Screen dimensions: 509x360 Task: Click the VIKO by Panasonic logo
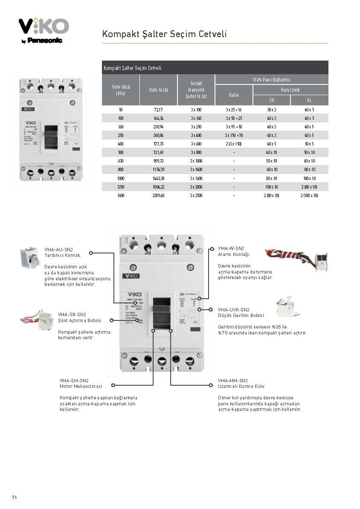[x=44, y=30]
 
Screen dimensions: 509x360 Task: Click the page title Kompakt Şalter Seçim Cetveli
[x=164, y=34]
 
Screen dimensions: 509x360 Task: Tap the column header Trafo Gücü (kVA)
[x=121, y=90]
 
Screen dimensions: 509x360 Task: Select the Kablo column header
[x=234, y=95]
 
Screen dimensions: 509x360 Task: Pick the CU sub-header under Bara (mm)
[x=272, y=100]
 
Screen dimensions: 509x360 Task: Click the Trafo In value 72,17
[x=158, y=110]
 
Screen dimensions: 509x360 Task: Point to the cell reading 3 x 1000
[x=196, y=161]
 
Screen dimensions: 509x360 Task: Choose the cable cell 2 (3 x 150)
[x=234, y=144]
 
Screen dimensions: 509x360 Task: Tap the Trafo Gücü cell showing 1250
[x=121, y=186]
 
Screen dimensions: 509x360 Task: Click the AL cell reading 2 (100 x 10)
[x=309, y=195]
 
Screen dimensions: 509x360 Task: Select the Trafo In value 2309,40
[x=158, y=195]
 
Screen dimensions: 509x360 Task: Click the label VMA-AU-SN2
[x=59, y=249]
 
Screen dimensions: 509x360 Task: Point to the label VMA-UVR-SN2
[x=233, y=309]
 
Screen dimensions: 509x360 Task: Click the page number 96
[x=15, y=497]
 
